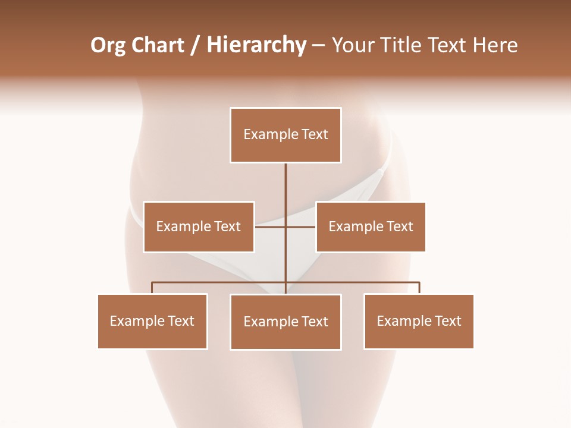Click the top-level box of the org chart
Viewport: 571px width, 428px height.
pos(285,135)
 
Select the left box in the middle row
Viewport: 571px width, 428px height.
pos(199,226)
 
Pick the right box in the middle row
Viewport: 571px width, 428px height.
pos(371,226)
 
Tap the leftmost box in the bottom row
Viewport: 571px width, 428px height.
pos(152,321)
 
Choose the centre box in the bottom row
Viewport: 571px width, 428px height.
pos(285,322)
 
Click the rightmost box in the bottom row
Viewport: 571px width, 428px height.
pos(419,321)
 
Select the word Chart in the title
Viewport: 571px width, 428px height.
pos(157,45)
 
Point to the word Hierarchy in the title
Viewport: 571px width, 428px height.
pos(256,45)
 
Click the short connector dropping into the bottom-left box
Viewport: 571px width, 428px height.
pos(152,288)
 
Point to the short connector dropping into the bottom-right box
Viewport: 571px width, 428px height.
pos(419,288)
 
